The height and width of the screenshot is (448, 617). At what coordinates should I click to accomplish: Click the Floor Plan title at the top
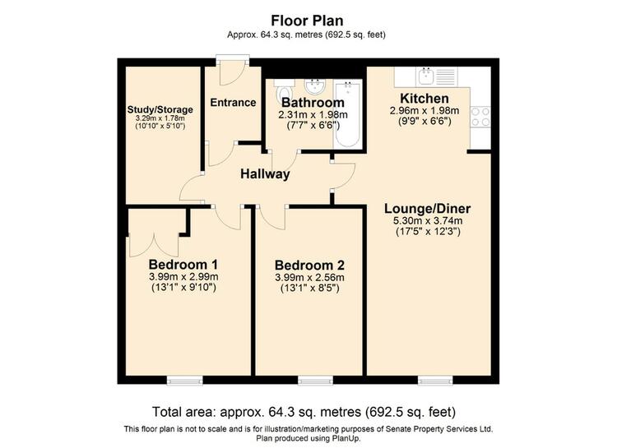click(307, 21)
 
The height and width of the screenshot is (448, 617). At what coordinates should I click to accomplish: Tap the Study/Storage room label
click(160, 109)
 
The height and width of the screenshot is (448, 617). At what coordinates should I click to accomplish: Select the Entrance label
click(233, 103)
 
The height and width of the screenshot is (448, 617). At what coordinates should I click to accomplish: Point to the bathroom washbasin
click(314, 86)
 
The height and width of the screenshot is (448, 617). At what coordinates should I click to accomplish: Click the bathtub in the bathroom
click(348, 113)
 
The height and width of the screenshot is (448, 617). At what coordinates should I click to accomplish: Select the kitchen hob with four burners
click(480, 118)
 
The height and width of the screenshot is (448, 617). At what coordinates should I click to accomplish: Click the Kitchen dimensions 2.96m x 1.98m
click(424, 110)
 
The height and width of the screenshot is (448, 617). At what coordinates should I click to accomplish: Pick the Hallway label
click(265, 173)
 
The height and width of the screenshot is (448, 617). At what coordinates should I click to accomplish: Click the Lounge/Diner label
click(427, 209)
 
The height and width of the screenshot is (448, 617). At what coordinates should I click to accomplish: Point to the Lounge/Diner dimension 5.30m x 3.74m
click(428, 221)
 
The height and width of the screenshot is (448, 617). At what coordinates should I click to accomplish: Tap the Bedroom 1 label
click(183, 264)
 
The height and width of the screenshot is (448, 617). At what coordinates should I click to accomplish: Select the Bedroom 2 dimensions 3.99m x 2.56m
click(309, 277)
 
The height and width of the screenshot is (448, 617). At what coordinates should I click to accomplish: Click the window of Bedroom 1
click(184, 380)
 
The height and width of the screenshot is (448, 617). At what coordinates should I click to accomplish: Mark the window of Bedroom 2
click(315, 380)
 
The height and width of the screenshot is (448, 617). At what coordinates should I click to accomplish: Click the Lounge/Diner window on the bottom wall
click(435, 380)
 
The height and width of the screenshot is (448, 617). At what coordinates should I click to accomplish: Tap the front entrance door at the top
click(233, 71)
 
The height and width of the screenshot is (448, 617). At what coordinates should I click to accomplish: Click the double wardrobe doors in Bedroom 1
click(154, 246)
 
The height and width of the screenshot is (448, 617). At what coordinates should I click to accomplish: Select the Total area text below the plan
click(304, 412)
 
